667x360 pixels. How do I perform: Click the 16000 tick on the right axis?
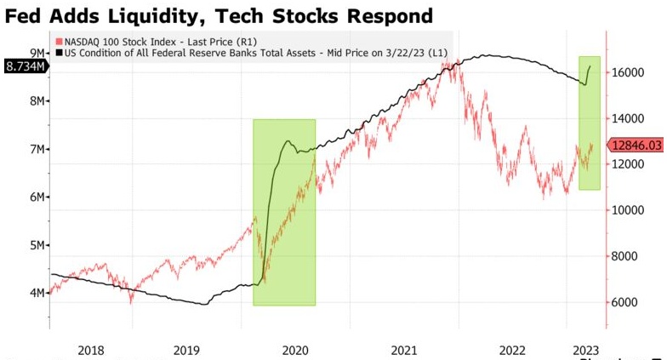point(627,73)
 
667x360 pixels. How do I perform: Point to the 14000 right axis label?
point(627,119)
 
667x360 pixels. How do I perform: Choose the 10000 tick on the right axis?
point(627,210)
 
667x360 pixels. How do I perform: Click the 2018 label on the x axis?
point(90,349)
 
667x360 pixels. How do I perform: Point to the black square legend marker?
point(58,53)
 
